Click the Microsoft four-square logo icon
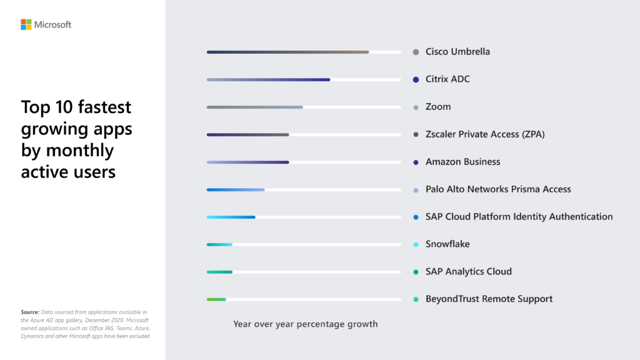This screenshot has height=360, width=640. (x=26, y=24)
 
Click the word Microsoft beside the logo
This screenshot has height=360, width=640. (x=52, y=24)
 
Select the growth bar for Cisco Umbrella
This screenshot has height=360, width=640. (x=287, y=52)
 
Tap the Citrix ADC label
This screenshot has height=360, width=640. (x=447, y=79)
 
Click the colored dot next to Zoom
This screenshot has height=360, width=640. (x=416, y=107)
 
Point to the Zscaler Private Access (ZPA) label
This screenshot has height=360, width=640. (x=485, y=134)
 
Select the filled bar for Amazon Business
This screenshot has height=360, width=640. (x=247, y=162)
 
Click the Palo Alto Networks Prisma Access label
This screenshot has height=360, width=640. (x=498, y=189)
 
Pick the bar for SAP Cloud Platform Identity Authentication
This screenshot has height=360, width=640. (x=231, y=217)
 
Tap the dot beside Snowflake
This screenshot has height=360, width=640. (x=416, y=244)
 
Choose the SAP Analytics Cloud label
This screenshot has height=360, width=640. (x=469, y=272)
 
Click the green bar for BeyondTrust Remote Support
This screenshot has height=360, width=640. (x=216, y=299)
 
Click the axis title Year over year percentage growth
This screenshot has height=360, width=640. (x=306, y=324)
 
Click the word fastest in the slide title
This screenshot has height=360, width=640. (x=106, y=107)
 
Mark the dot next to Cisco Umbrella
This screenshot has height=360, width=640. (x=416, y=52)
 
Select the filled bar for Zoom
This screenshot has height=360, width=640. (x=254, y=107)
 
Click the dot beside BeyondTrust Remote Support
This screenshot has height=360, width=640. (x=416, y=299)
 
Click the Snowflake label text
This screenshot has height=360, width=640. (x=447, y=244)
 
